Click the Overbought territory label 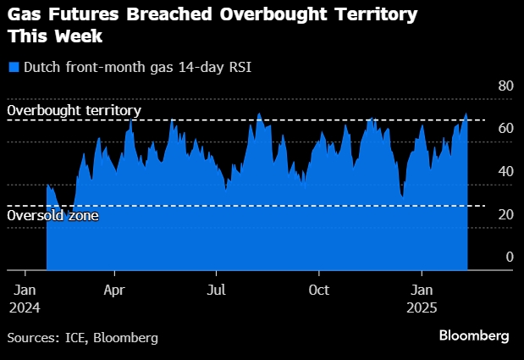[74, 111]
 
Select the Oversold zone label [52, 216]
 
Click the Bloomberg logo [474, 335]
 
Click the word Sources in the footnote [32, 338]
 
